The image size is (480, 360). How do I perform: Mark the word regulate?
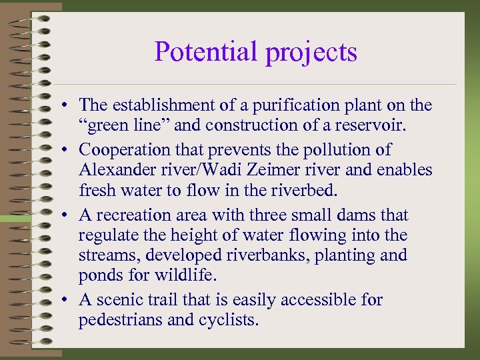pyautogui.click(x=105, y=235)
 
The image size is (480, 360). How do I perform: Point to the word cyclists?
pyautogui.click(x=228, y=320)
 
